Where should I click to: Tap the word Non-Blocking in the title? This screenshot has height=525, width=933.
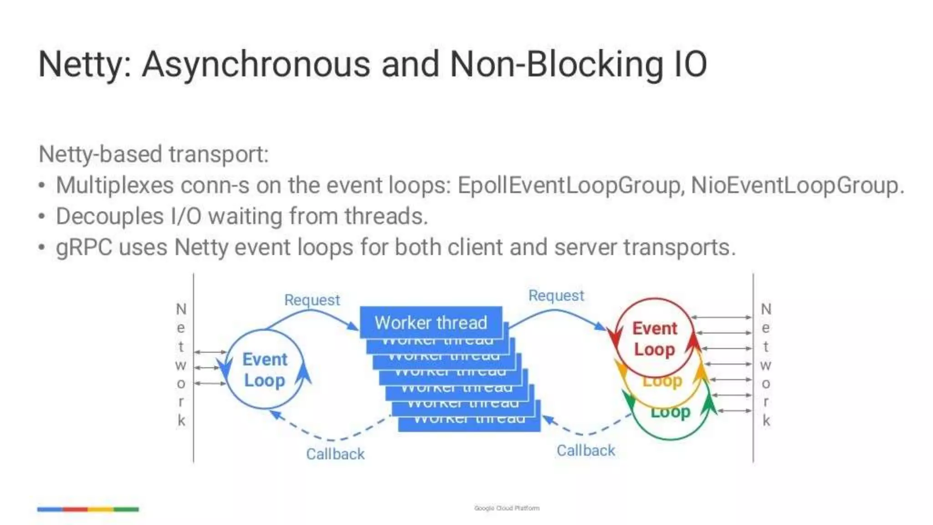[x=556, y=65]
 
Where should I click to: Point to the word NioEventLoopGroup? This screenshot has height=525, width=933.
[x=795, y=185]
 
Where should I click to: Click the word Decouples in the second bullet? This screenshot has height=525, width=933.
[x=109, y=216]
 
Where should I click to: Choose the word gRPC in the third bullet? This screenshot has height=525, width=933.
[x=84, y=247]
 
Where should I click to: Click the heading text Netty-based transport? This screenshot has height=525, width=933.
[x=154, y=154]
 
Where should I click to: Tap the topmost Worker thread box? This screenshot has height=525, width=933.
[x=431, y=322]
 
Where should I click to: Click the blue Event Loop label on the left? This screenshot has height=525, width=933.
[x=265, y=370]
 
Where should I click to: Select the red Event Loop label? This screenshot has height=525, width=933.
[x=655, y=339]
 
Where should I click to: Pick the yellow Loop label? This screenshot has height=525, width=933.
[x=662, y=381]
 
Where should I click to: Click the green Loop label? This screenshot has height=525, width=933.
[x=670, y=412]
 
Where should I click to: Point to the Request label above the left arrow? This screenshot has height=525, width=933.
[x=312, y=300]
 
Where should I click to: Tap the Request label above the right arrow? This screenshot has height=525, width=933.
[x=556, y=295]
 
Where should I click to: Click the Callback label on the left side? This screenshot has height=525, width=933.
[x=335, y=454]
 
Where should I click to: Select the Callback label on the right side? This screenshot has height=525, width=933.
[x=586, y=450]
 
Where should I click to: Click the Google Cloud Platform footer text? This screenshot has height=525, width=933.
[x=507, y=508]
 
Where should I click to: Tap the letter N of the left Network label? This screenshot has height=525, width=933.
[x=181, y=309]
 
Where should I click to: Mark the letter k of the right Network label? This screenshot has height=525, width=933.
[x=766, y=420]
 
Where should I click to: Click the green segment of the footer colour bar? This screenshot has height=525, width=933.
[x=126, y=509]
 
